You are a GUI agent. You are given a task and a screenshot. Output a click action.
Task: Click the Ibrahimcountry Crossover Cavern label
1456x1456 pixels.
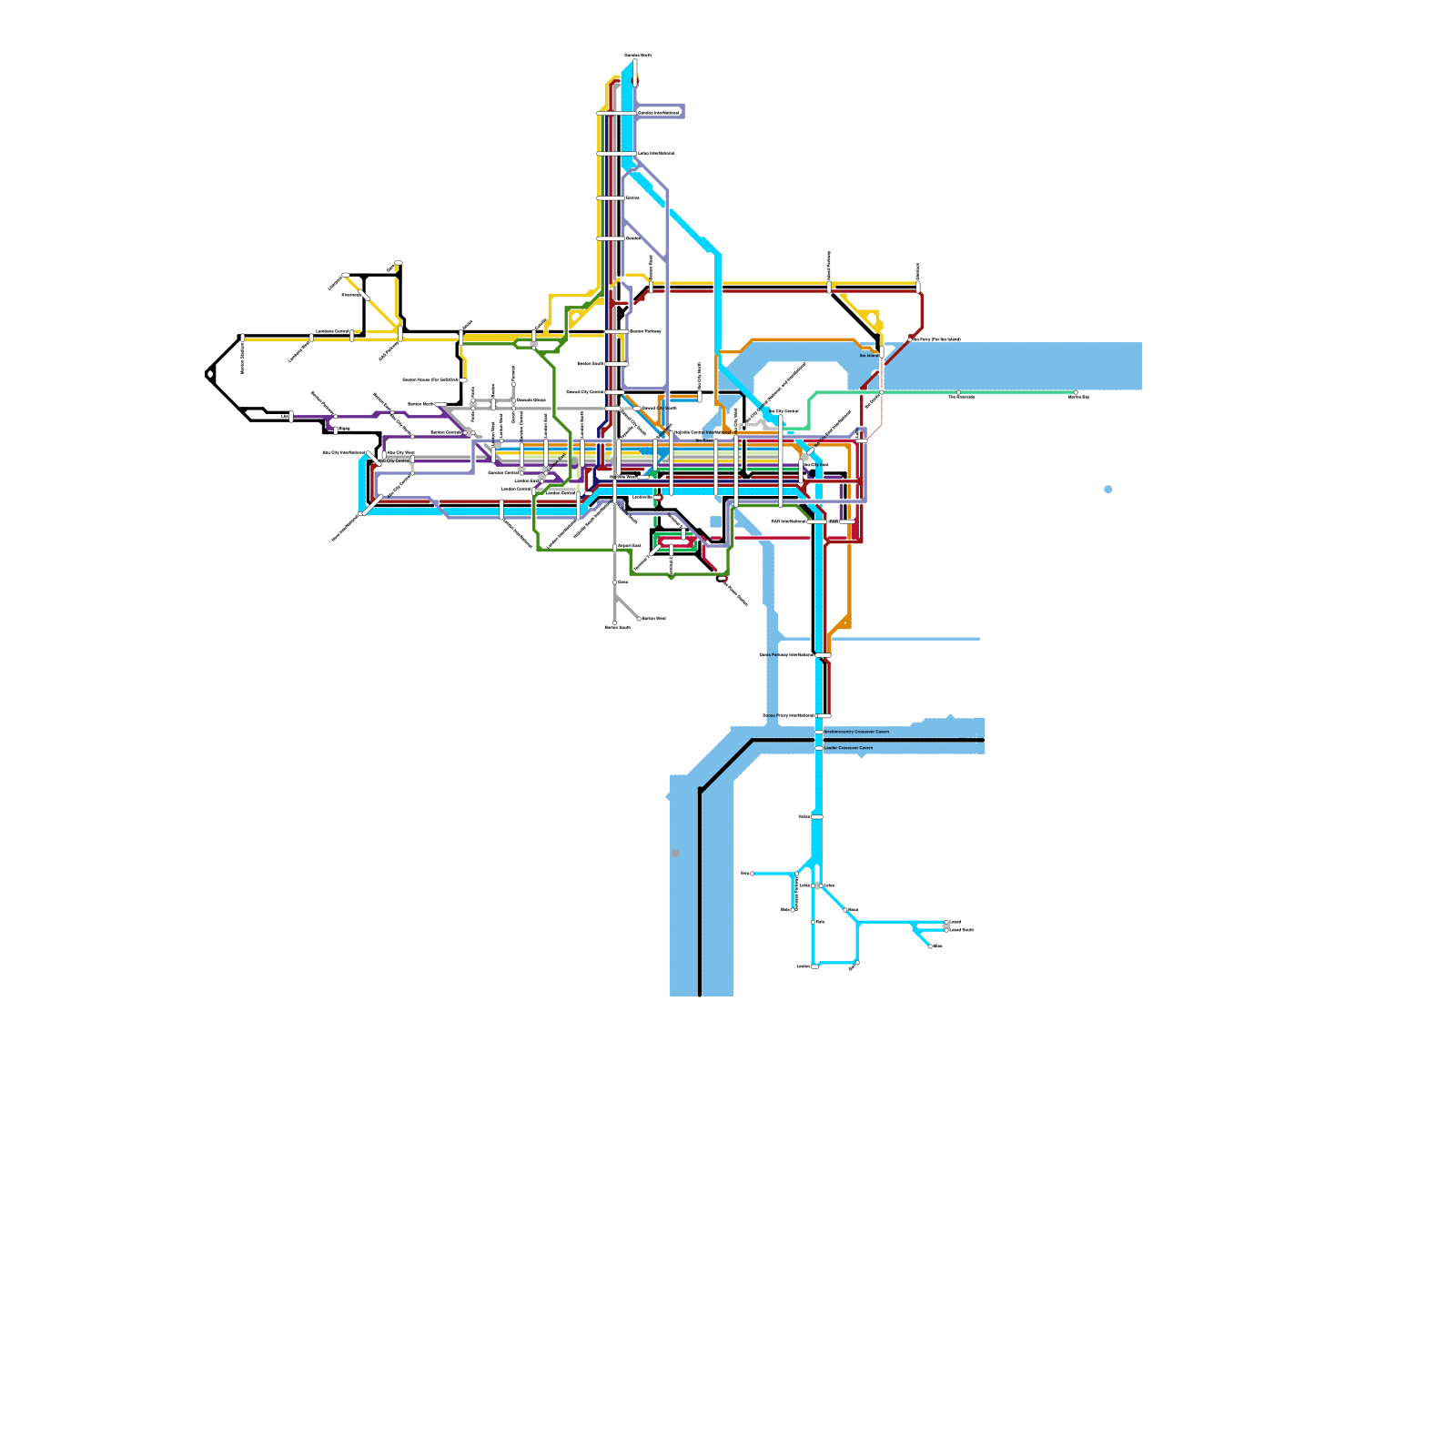pyautogui.click(x=856, y=732)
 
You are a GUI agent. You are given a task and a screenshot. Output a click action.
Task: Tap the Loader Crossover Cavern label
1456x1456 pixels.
pyautogui.click(x=848, y=748)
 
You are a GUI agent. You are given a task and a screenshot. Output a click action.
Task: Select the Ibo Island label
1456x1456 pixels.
pyautogui.click(x=869, y=356)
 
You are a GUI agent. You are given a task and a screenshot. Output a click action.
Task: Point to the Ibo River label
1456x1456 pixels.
pyautogui.click(x=704, y=440)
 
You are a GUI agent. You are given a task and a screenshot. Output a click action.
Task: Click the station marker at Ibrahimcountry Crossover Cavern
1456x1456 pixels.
pyautogui.click(x=819, y=732)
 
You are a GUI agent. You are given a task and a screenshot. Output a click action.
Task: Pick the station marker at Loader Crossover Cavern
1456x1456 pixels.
pyautogui.click(x=819, y=748)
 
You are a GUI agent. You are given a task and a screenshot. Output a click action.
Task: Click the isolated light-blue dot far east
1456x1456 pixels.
pyautogui.click(x=1107, y=490)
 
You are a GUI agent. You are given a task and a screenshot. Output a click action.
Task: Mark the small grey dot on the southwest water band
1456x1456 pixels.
pyautogui.click(x=675, y=854)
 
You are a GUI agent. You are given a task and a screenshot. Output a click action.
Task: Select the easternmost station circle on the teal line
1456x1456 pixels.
pyautogui.click(x=1076, y=393)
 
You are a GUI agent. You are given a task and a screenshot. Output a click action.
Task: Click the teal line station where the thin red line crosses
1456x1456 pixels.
pyautogui.click(x=881, y=392)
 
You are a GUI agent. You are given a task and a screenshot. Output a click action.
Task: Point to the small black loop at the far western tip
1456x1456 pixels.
pyautogui.click(x=210, y=374)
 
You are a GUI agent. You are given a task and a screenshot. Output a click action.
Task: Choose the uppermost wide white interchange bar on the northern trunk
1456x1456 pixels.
pyautogui.click(x=616, y=113)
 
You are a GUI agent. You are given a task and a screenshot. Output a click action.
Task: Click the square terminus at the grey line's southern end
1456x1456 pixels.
pyautogui.click(x=614, y=623)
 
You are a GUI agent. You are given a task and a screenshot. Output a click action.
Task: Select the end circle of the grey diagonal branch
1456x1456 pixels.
pyautogui.click(x=639, y=619)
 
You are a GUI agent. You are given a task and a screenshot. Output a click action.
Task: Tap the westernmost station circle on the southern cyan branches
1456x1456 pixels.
pyautogui.click(x=753, y=874)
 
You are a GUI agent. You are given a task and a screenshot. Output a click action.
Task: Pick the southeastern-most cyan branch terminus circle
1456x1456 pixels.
pyautogui.click(x=930, y=946)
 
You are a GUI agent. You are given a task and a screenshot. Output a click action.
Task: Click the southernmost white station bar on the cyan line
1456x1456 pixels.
pyautogui.click(x=815, y=966)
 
